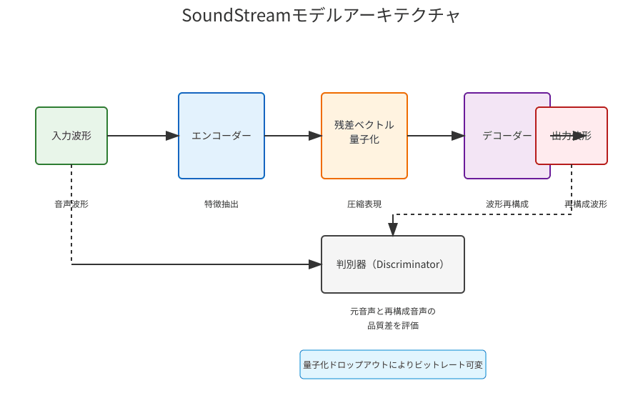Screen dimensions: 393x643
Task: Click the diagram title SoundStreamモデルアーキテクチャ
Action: tap(321, 16)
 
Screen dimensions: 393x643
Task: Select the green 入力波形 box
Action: tap(71, 136)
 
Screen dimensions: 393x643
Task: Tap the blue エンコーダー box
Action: tap(221, 136)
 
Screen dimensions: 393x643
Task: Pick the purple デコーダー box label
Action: tap(506, 136)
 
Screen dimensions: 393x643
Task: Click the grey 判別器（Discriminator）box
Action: tap(393, 264)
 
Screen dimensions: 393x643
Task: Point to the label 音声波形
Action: tap(71, 204)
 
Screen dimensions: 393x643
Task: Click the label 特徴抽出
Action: tap(221, 204)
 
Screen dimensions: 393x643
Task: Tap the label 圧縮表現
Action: tap(364, 204)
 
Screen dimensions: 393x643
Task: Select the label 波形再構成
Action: tap(507, 204)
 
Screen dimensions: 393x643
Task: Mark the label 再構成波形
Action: tap(586, 204)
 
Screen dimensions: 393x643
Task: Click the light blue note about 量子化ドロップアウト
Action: tap(393, 364)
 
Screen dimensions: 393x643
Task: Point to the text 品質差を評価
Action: tap(393, 326)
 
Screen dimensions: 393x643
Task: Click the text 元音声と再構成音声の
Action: tap(393, 312)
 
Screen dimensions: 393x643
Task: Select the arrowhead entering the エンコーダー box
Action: tap(172, 136)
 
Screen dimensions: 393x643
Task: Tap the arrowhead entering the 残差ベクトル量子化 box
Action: tap(315, 136)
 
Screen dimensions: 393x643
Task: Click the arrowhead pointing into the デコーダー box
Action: tap(458, 136)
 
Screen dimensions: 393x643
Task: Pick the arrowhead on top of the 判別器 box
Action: tap(393, 229)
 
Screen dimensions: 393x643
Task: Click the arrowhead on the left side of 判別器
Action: tap(315, 264)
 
